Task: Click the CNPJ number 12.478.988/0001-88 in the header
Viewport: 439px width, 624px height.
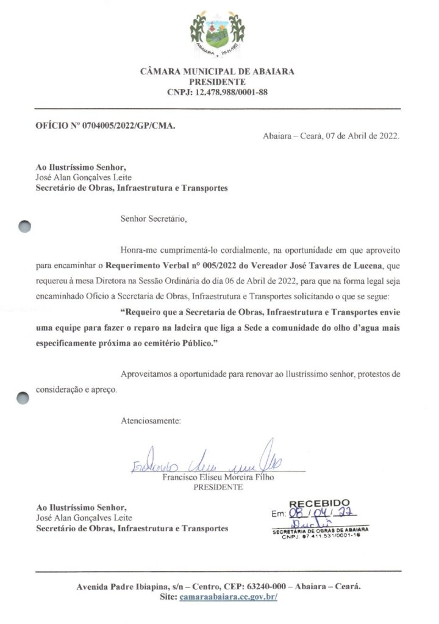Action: pyautogui.click(x=234, y=93)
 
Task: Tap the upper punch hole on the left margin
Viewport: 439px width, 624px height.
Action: pyautogui.click(x=24, y=226)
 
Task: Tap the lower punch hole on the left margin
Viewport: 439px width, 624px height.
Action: pyautogui.click(x=24, y=397)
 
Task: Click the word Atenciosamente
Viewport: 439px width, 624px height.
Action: pyautogui.click(x=151, y=421)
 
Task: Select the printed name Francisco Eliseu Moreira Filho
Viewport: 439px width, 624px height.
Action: pyautogui.click(x=218, y=478)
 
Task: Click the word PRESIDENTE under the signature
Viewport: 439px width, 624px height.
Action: pyautogui.click(x=218, y=487)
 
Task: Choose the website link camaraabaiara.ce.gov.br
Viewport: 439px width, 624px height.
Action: pyautogui.click(x=229, y=597)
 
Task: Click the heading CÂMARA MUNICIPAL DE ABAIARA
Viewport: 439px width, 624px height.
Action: pyautogui.click(x=218, y=71)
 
